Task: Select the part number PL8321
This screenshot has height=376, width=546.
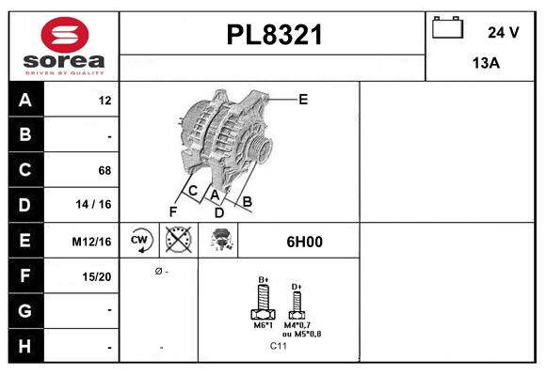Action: [x=275, y=35]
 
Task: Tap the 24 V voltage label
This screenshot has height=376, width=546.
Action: [x=503, y=32]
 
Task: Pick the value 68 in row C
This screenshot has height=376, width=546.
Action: [x=104, y=170]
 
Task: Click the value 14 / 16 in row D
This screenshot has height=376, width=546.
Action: [x=96, y=205]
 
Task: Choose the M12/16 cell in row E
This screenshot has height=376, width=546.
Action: [x=92, y=242]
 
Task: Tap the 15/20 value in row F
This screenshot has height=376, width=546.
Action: [x=96, y=276]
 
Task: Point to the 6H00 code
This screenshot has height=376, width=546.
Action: [x=304, y=242]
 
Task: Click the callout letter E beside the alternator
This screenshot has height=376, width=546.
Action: [x=303, y=98]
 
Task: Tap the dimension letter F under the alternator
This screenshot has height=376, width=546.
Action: [x=174, y=211]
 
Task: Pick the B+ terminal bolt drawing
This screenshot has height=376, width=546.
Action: [x=264, y=305]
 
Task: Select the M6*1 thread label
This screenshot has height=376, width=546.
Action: [x=263, y=325]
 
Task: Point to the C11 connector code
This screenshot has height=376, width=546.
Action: [x=279, y=346]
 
